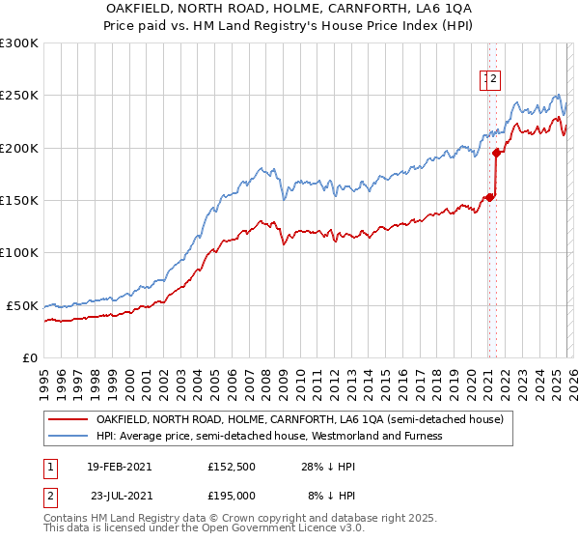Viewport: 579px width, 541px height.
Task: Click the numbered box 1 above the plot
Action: pos(484,80)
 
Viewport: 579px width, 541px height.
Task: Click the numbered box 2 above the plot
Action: pos(494,80)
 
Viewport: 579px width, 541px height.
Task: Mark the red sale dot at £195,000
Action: pos(496,153)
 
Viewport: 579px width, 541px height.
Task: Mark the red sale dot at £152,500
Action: pos(489,197)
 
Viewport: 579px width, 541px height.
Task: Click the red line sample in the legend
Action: pos(69,420)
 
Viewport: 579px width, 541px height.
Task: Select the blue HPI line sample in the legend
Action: pos(69,436)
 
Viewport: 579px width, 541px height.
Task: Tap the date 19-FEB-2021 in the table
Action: pos(119,466)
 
